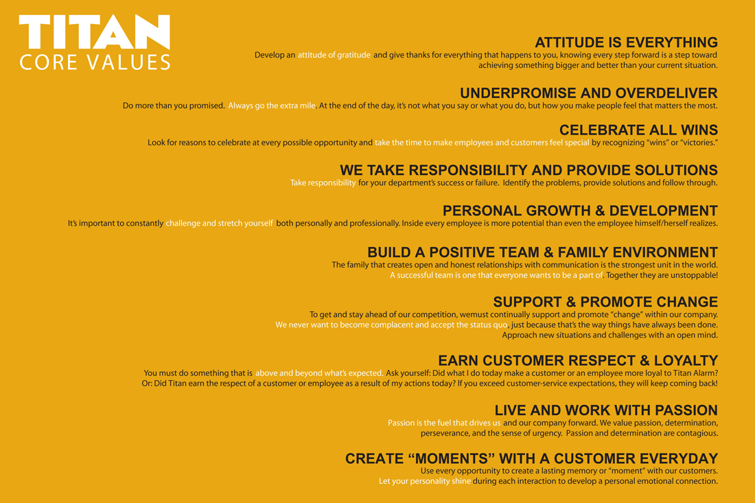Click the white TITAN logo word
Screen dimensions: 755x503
95,32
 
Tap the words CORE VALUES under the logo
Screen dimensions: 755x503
95,62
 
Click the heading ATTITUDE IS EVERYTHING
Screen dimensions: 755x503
626,43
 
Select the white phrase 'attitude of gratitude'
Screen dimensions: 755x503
334,55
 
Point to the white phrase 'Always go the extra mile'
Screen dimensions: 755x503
272,106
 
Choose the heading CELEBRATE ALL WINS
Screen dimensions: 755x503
638,130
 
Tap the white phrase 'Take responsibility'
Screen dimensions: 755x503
323,183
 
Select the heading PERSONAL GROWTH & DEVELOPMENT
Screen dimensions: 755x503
580,211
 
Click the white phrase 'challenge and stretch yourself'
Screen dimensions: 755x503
219,223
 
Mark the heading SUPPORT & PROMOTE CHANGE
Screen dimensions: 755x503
605,302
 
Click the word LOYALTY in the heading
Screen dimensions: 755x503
686,360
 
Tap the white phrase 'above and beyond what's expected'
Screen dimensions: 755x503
318,373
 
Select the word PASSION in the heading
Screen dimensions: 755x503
686,410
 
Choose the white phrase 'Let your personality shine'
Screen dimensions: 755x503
425,481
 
